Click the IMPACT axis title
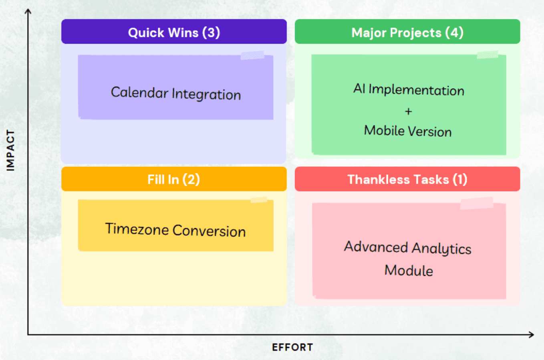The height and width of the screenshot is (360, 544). (10, 151)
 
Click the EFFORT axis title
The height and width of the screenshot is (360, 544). (292, 347)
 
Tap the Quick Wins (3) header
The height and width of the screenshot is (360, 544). (174, 32)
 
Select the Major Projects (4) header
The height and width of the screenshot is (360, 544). (407, 32)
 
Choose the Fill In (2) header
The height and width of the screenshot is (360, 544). (174, 179)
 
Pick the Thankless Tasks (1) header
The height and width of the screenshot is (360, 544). (407, 179)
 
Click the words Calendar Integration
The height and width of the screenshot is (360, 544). (176, 93)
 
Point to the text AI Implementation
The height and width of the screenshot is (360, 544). (409, 89)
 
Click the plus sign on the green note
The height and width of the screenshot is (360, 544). (408, 111)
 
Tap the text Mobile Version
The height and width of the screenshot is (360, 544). (408, 131)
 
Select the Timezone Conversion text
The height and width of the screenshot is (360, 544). (175, 230)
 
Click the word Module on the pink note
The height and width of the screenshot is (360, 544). (409, 271)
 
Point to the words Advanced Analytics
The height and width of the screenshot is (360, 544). (408, 248)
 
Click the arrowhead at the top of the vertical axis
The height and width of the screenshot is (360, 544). (28, 12)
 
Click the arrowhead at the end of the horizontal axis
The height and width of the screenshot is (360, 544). (531, 334)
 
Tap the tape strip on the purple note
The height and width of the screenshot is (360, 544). (252, 55)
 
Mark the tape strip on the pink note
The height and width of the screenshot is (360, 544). (476, 203)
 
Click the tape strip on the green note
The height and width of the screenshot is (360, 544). (488, 55)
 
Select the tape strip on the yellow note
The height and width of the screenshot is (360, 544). (259, 200)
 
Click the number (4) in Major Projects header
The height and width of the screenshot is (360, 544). (454, 32)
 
